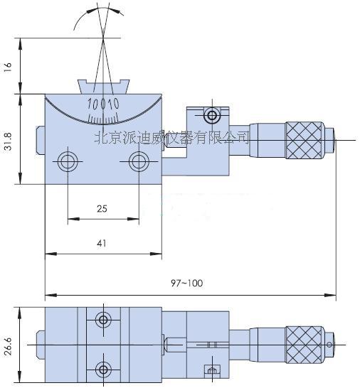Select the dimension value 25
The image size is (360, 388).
pyautogui.click(x=102, y=208)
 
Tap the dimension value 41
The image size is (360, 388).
pyautogui.click(x=102, y=243)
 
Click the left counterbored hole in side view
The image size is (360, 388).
pyautogui.click(x=68, y=161)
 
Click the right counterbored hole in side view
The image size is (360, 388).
pyautogui.click(x=138, y=161)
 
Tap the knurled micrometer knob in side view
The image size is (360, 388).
pyautogui.click(x=305, y=139)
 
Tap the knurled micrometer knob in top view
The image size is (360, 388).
pyautogui.click(x=305, y=344)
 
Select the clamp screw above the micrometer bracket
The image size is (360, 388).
pyautogui.click(x=211, y=116)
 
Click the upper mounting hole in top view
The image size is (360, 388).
pyautogui.click(x=104, y=320)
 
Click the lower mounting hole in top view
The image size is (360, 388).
pyautogui.click(x=104, y=368)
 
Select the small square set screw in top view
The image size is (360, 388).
pyautogui.click(x=210, y=370)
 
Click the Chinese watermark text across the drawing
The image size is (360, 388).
pyautogui.click(x=171, y=135)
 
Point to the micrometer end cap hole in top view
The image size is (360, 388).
pyautogui.click(x=330, y=345)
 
